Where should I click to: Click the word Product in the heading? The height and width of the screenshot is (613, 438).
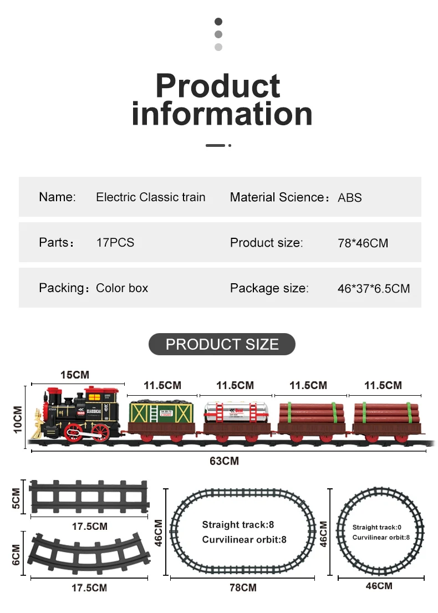point(218,86)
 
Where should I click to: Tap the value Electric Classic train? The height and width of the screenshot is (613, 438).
point(150,197)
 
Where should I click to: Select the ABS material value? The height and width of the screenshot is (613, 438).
point(349,198)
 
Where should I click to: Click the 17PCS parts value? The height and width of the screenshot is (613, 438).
point(115,242)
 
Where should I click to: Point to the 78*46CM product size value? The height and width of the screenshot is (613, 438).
point(363,243)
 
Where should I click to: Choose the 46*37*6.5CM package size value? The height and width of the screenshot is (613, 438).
point(373,288)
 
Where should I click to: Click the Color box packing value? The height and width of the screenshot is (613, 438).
point(122,288)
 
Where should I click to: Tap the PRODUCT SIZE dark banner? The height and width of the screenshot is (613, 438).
point(222,344)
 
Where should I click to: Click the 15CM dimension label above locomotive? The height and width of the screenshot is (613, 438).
point(74,375)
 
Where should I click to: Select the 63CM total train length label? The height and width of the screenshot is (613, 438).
point(225,461)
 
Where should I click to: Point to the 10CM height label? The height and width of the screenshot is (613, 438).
point(17,419)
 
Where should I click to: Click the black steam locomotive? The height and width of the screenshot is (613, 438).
point(78,414)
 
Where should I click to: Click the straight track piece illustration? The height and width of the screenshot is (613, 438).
point(89,495)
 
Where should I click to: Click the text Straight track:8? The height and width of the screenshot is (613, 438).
point(238,524)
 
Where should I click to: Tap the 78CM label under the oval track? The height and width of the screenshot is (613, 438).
point(243,588)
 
